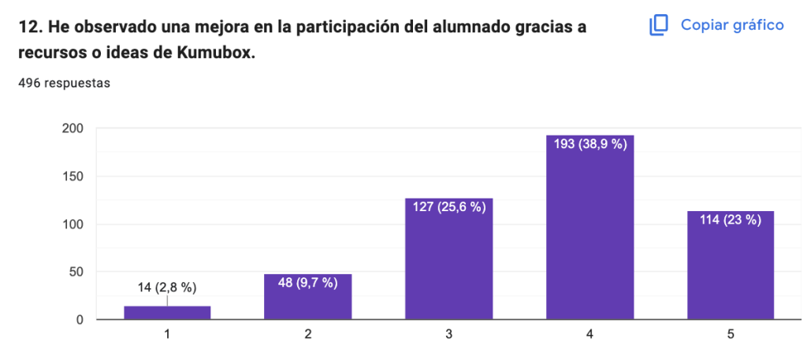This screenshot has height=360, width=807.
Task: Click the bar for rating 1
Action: click(x=167, y=313)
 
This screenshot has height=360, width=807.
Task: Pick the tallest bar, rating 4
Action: click(x=589, y=236)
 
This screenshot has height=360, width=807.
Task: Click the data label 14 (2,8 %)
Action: click(x=167, y=288)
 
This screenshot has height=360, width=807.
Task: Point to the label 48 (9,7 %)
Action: click(x=307, y=283)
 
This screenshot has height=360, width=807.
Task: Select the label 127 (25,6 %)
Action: click(x=448, y=207)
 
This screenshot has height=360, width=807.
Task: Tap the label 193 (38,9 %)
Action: click(x=589, y=145)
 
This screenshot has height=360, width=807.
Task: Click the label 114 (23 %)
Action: click(x=730, y=220)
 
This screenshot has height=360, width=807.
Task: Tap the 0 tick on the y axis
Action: click(x=80, y=320)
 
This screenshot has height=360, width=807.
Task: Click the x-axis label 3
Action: click(x=448, y=335)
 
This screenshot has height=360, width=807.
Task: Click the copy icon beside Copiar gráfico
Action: click(x=658, y=25)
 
